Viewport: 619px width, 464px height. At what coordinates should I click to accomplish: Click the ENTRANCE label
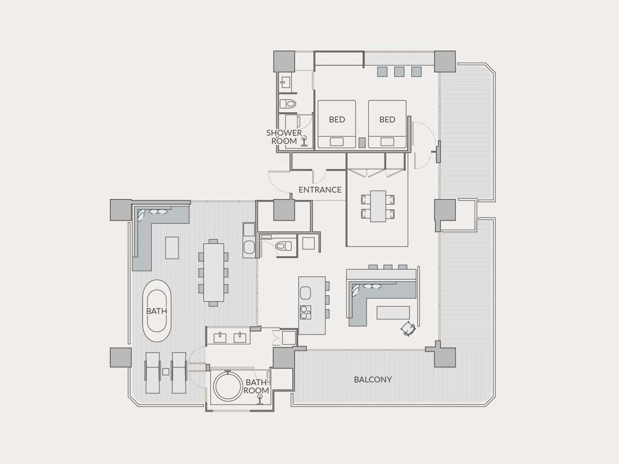320,190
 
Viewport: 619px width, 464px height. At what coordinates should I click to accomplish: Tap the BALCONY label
373,380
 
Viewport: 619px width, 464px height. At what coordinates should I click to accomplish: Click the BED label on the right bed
387,119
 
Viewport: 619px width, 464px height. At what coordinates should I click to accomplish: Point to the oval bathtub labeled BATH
157,311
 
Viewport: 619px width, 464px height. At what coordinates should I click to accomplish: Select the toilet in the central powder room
283,246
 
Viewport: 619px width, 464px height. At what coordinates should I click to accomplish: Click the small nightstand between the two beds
362,143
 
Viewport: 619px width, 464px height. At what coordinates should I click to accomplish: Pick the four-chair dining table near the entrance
378,206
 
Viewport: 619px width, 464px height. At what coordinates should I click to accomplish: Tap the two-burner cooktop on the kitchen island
305,312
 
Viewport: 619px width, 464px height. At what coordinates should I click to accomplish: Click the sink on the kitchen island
305,293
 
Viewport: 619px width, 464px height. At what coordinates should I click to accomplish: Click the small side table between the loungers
166,372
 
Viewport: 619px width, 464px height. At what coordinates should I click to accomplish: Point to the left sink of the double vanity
220,338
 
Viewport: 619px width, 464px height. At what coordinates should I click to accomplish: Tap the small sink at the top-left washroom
285,82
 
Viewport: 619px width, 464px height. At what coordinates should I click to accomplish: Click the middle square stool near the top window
399,72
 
